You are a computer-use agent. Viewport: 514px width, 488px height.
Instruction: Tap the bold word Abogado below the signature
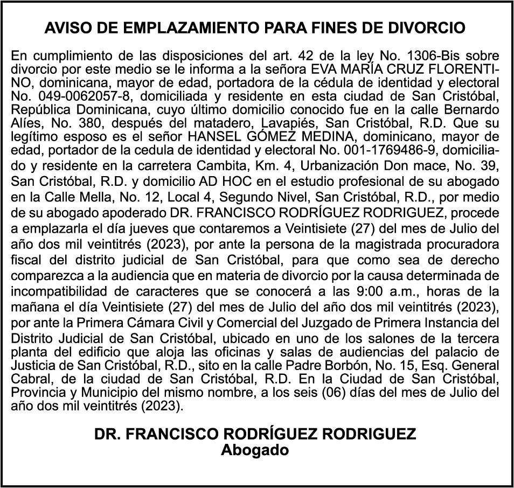255,450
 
